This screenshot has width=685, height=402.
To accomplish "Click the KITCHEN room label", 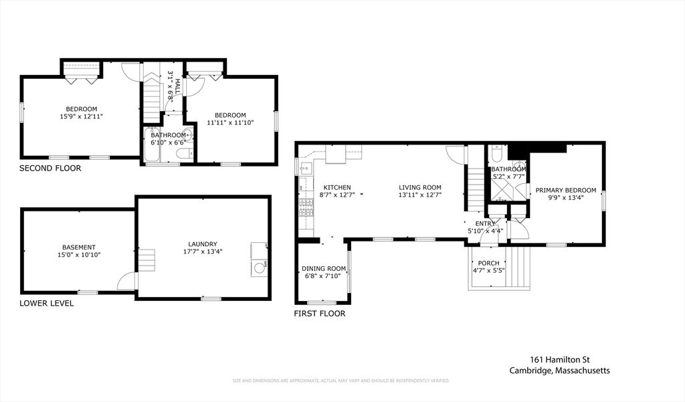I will click(x=337, y=187).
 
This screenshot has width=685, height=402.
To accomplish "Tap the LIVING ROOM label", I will click(x=420, y=187).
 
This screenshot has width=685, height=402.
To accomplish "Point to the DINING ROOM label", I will click(x=324, y=268).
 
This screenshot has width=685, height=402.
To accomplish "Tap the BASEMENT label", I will click(x=79, y=247).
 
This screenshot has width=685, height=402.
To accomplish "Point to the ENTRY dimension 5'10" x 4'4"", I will click(x=486, y=231).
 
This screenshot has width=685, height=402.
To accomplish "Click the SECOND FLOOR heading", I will click(x=50, y=169).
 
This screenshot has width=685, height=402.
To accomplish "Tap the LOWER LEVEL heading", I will click(x=47, y=303).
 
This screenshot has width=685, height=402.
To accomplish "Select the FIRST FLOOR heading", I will click(x=320, y=314).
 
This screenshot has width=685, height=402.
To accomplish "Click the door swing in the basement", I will click(x=126, y=282).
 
